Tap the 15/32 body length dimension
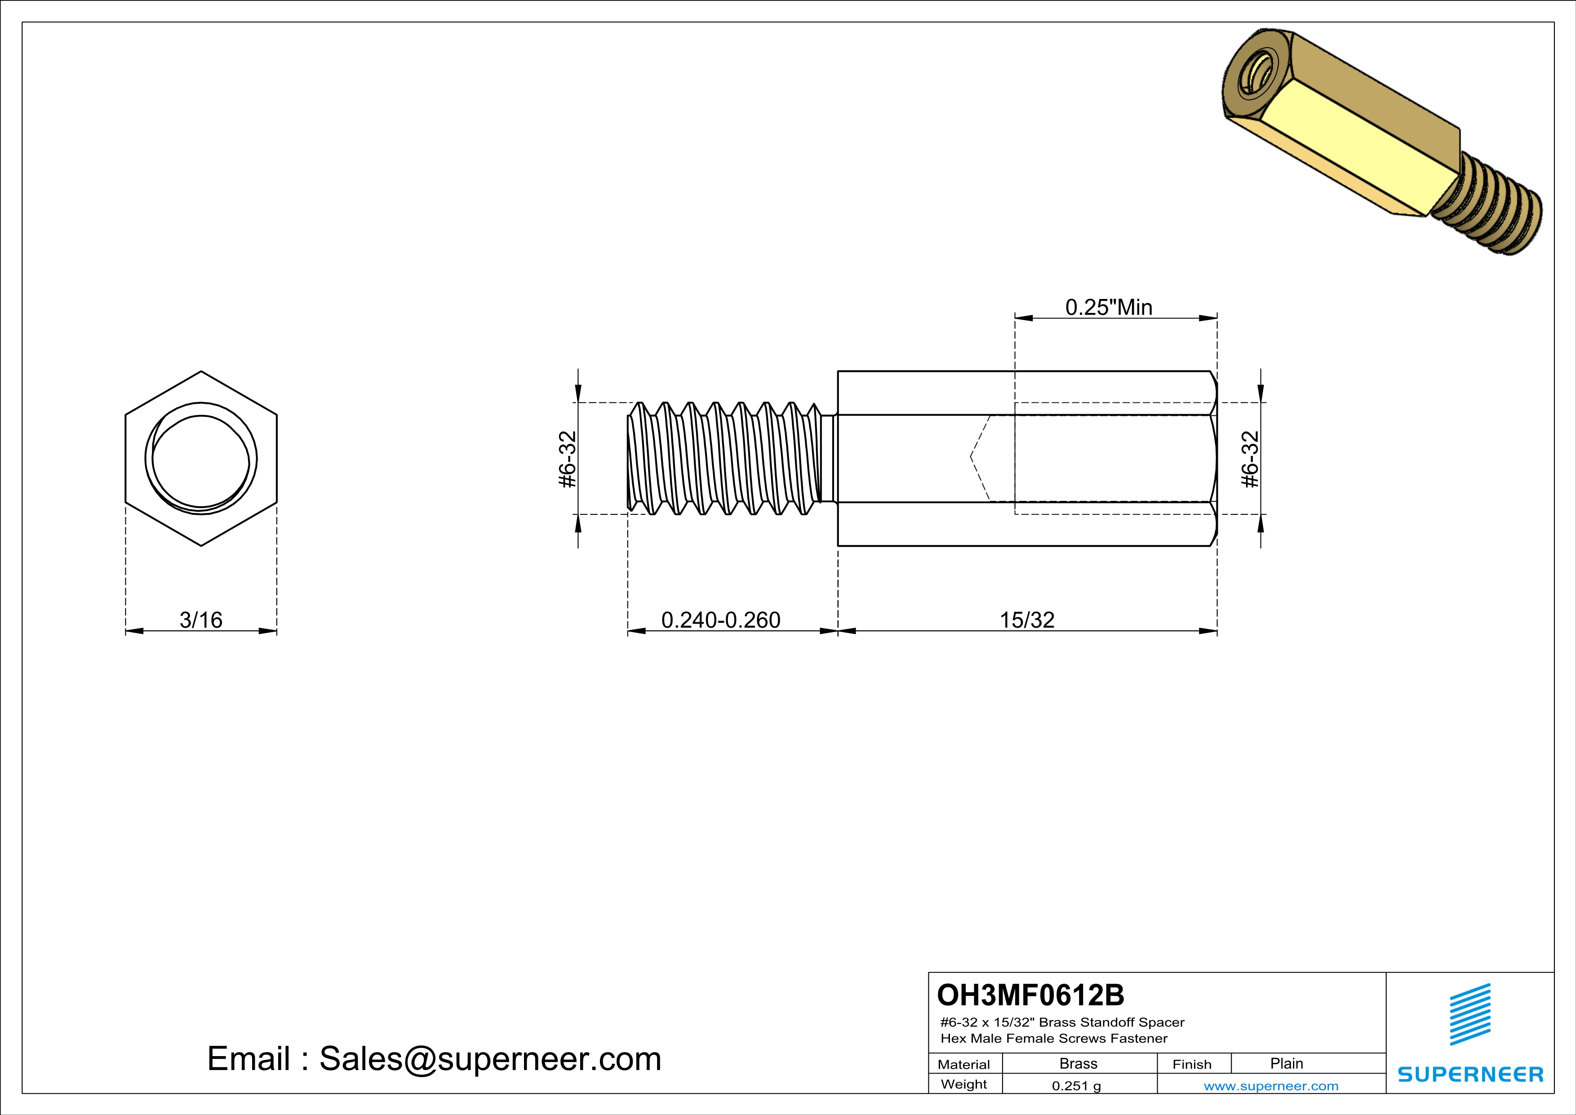[x=1026, y=620]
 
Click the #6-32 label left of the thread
[x=568, y=459]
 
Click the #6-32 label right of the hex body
[x=1251, y=459]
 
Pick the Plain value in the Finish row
[x=1286, y=1063]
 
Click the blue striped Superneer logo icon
[x=1469, y=1014]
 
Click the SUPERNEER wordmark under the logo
[x=1469, y=1075]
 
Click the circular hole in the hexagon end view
[x=201, y=460]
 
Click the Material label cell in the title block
[x=964, y=1064]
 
